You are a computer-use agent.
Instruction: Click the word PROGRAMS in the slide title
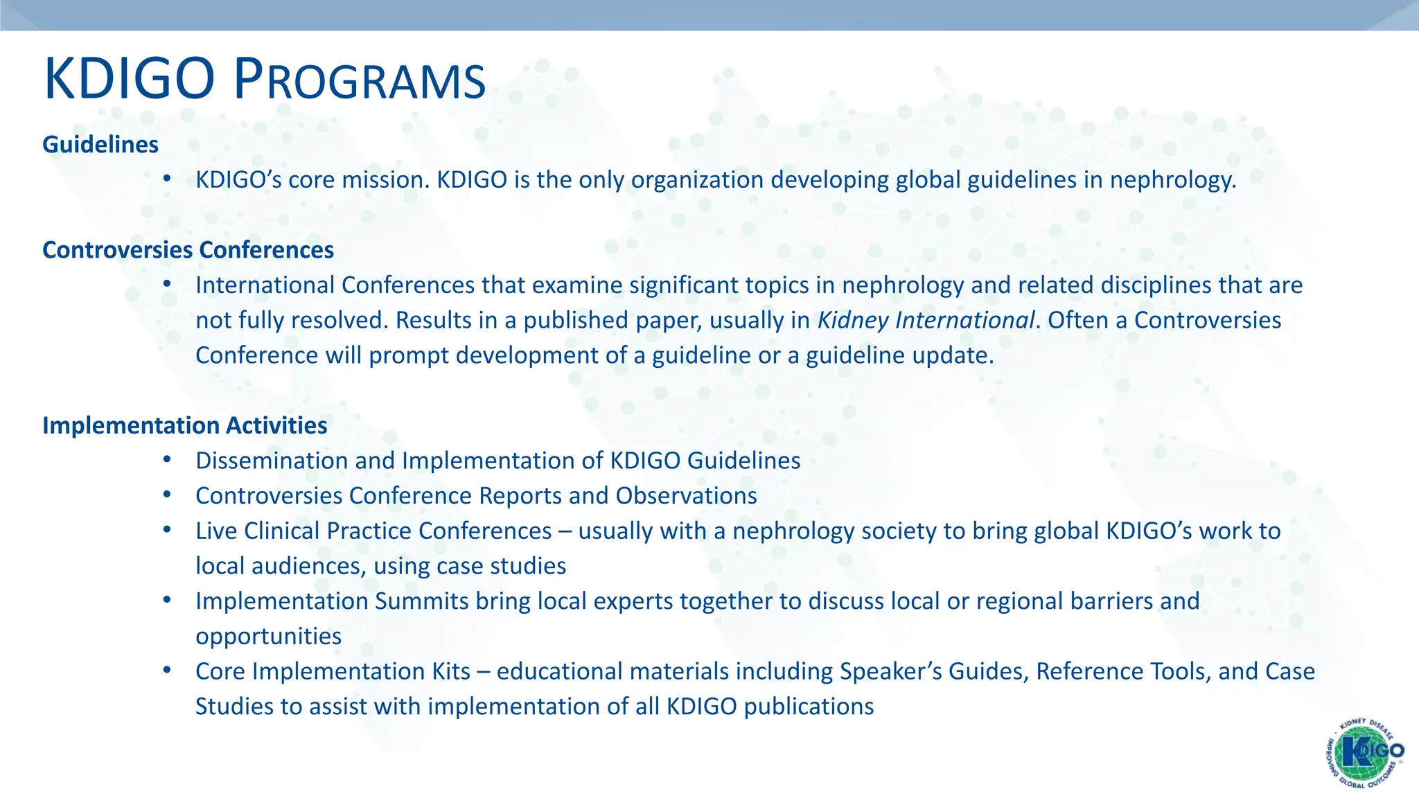[x=360, y=80]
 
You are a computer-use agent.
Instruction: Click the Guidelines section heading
[x=100, y=145]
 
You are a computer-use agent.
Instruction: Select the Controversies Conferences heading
[x=188, y=250]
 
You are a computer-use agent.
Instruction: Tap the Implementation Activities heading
[x=184, y=425]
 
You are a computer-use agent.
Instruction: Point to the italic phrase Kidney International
[x=926, y=320]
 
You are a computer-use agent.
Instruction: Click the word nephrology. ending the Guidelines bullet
[x=1172, y=180]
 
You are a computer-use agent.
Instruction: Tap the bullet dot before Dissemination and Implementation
[x=166, y=459]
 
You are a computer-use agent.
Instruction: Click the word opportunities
[x=268, y=637]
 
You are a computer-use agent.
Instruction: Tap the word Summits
[x=422, y=601]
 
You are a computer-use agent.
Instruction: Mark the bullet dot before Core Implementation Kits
[x=166, y=670]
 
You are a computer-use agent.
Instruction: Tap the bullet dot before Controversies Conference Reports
[x=166, y=495]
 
